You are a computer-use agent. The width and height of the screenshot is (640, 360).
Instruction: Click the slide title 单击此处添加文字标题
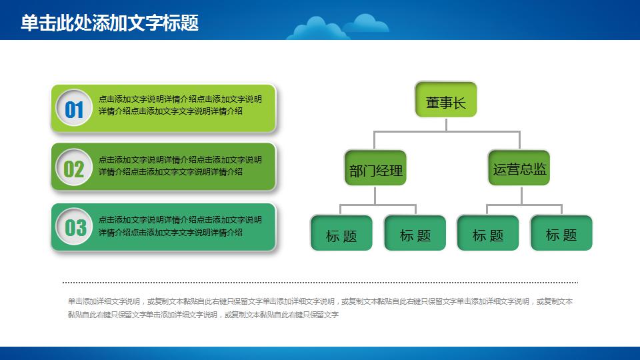tap(109, 23)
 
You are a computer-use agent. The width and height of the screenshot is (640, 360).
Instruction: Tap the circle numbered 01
tap(74, 108)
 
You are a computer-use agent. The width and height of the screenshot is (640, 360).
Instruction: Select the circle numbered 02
tap(74, 168)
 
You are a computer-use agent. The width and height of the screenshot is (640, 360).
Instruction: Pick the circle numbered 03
tap(74, 227)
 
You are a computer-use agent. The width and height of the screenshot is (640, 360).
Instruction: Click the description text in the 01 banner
tap(180, 105)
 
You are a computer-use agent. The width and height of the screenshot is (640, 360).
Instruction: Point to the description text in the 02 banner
tap(180, 166)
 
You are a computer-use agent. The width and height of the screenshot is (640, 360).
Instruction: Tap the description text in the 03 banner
tap(180, 226)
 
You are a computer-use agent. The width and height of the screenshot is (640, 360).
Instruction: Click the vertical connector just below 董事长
tap(447, 124)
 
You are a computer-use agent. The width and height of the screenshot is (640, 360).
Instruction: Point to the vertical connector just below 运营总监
tap(521, 195)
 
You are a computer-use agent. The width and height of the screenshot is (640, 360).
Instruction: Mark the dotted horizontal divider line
tap(320, 283)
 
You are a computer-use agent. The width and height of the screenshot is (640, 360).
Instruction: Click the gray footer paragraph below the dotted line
tap(320, 308)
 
